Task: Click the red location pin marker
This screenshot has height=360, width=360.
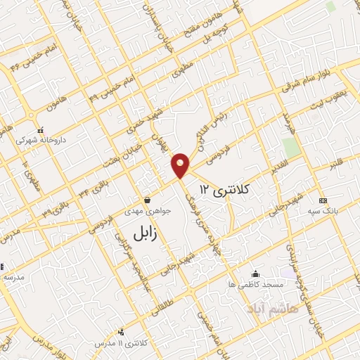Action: click(x=181, y=165)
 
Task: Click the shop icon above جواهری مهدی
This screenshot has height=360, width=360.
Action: click(x=146, y=200)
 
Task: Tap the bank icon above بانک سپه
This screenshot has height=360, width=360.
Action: click(x=323, y=200)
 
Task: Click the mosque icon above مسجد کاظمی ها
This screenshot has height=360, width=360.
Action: click(x=255, y=274)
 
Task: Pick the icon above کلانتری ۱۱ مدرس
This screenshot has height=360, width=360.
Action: click(x=121, y=332)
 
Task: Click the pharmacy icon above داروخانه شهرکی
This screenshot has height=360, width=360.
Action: click(x=41, y=130)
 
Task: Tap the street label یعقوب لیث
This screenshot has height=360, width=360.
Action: click(x=325, y=102)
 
